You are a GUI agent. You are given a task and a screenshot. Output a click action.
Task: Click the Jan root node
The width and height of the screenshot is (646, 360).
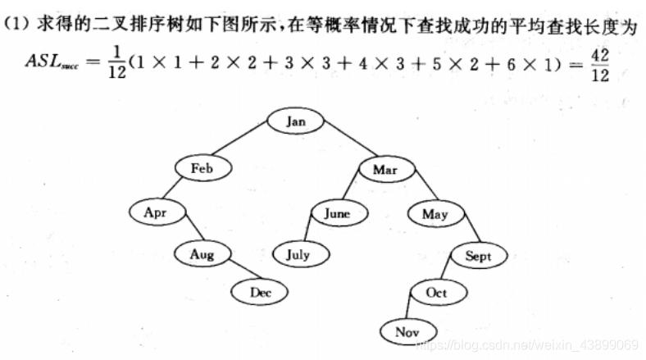pyautogui.click(x=296, y=121)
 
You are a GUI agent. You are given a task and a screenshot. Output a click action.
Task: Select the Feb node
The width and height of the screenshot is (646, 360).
pyautogui.click(x=202, y=168)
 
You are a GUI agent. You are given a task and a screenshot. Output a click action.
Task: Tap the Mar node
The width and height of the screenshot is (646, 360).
pyautogui.click(x=384, y=170)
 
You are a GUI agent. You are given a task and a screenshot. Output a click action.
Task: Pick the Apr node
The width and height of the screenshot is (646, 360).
pyautogui.click(x=155, y=212)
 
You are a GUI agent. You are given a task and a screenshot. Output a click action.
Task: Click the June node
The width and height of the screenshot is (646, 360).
pyautogui.click(x=336, y=214)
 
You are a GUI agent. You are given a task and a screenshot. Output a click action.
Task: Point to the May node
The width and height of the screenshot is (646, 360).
pyautogui.click(x=434, y=215)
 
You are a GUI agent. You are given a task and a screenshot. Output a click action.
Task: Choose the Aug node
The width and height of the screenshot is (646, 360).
pyautogui.click(x=202, y=254)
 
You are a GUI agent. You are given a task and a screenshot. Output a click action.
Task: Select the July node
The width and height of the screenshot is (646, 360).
pyautogui.click(x=298, y=254)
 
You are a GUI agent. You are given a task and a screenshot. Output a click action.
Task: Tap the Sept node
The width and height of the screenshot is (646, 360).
pyautogui.click(x=478, y=257)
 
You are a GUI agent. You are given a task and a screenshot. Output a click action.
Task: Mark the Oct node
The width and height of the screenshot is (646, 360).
pyautogui.click(x=436, y=293)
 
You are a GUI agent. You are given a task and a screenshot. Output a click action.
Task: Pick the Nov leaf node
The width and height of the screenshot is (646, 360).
pyautogui.click(x=407, y=332)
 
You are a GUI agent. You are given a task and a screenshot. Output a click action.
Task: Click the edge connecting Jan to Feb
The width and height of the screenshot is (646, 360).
pyautogui.click(x=247, y=145)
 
